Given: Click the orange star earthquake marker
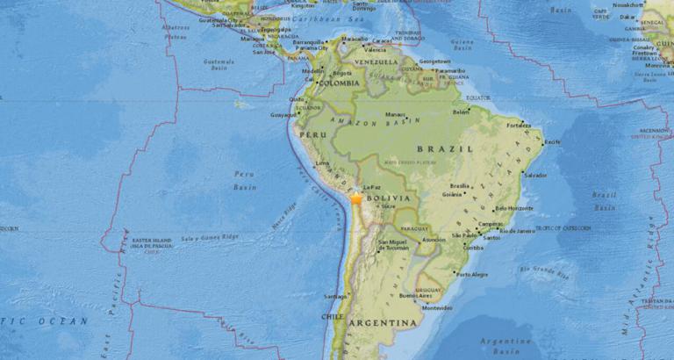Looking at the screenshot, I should point(356,199).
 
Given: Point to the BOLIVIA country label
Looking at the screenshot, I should point(392,200).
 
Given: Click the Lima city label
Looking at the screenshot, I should point(322,162).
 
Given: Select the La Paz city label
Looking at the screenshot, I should point(370,187).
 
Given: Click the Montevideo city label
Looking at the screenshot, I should point(437,307).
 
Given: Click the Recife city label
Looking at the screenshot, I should point(552,141).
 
